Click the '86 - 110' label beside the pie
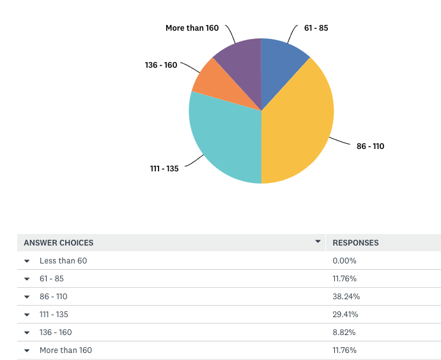[370, 146]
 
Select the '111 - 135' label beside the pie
[164, 169]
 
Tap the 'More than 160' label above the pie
[192, 28]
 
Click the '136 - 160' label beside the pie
[160, 65]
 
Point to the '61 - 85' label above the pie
[316, 28]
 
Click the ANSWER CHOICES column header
[59, 243]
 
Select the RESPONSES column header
[355, 243]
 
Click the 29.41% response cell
[345, 315]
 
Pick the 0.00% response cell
[344, 261]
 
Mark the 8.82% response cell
[344, 333]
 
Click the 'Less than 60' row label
[63, 261]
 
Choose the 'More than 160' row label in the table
[66, 350]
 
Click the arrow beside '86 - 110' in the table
[27, 297]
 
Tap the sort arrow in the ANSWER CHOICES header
[318, 242]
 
